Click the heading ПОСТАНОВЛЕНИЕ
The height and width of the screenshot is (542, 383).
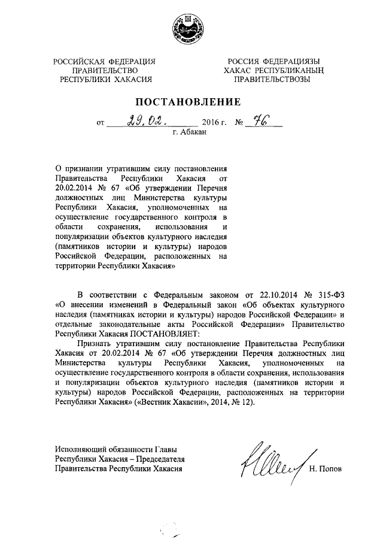click(190, 101)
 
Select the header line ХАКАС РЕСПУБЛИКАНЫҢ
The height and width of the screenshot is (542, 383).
click(272, 70)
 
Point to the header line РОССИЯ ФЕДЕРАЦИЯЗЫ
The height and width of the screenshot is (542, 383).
click(272, 61)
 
